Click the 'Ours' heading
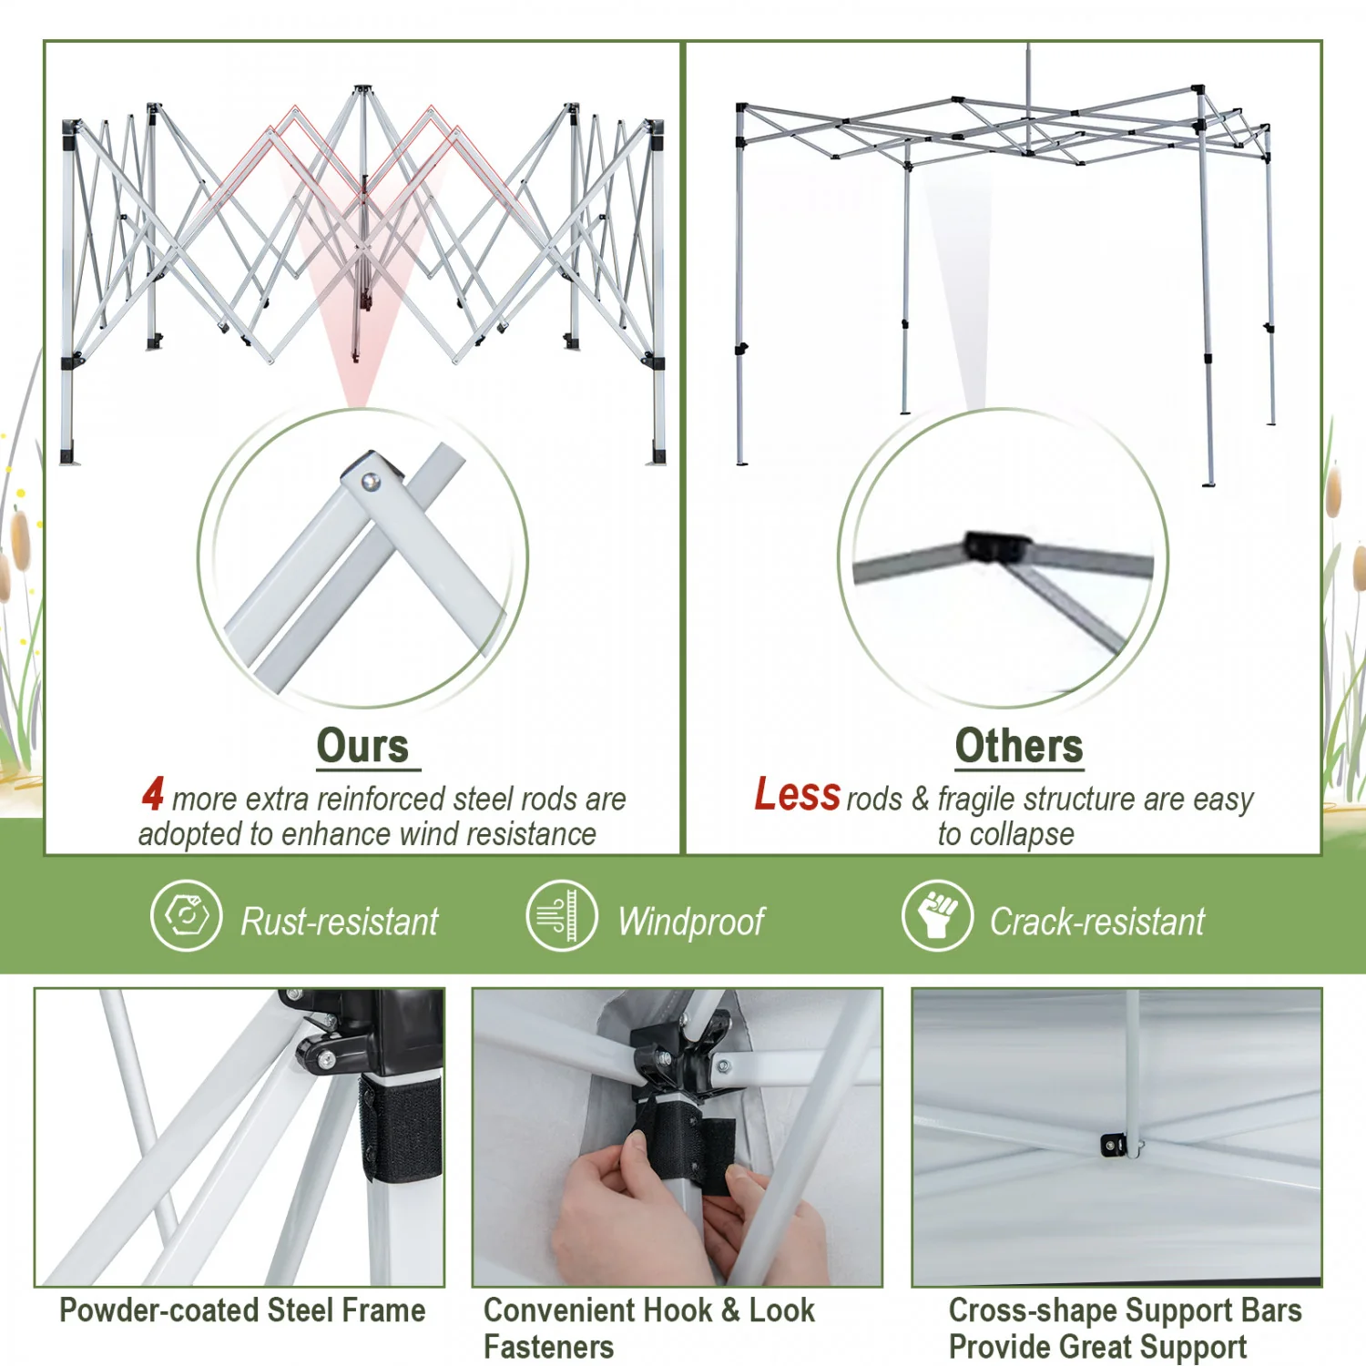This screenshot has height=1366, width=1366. (363, 747)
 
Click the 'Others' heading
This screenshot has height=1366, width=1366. (1019, 747)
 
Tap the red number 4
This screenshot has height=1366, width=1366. (153, 793)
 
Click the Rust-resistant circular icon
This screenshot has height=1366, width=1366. (186, 915)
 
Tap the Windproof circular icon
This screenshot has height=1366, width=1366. (562, 915)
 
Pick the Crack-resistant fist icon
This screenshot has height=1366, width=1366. (937, 915)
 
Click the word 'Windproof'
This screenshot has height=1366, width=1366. (691, 923)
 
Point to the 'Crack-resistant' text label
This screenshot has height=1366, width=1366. (1097, 922)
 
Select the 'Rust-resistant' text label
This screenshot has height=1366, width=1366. (340, 922)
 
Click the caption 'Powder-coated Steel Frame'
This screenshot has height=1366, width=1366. (242, 1310)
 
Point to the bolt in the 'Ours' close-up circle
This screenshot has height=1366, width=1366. (371, 482)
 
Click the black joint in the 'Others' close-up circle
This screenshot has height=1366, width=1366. (996, 546)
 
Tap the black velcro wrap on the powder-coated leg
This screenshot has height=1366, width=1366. (401, 1128)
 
